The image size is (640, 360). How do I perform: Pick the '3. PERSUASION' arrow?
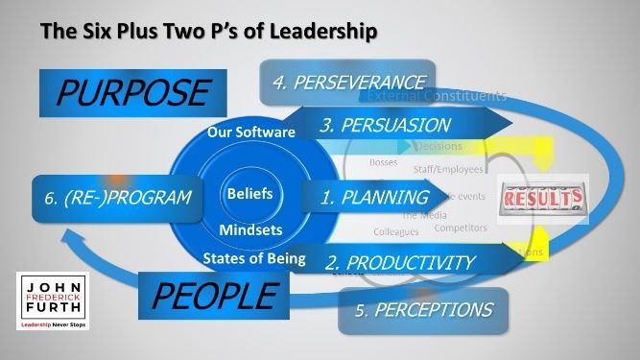(x=384, y=125)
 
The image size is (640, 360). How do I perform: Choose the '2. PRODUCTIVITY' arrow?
(x=399, y=262)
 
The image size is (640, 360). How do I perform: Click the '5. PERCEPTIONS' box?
(x=421, y=310)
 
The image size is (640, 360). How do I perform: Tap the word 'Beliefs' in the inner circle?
(x=250, y=194)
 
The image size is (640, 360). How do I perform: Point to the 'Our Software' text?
(x=251, y=132)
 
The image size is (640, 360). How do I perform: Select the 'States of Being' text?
(x=254, y=256)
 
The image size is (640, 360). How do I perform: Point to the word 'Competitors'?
(x=460, y=228)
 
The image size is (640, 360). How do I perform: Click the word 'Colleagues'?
(x=396, y=231)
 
